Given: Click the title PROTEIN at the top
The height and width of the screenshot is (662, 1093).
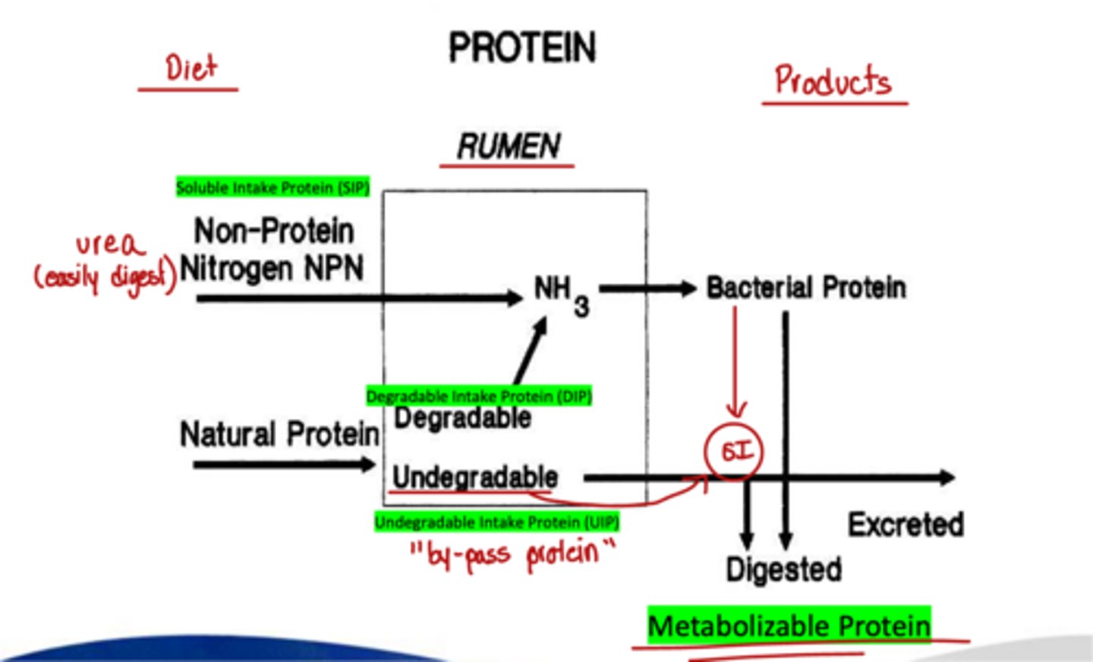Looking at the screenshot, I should (x=522, y=48).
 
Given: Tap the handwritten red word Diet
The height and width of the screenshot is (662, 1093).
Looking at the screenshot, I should (x=191, y=68).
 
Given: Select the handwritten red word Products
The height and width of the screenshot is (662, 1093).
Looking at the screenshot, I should (x=832, y=80).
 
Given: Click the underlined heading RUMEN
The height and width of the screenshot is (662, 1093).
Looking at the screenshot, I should (x=508, y=146).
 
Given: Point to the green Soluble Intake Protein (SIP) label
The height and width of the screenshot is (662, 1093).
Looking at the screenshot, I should (x=272, y=187).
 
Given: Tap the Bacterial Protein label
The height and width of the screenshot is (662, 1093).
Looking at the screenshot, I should (x=806, y=288).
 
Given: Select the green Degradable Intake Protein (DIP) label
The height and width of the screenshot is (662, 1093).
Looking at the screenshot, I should (x=478, y=396).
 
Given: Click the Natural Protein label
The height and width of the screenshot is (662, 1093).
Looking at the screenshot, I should (x=279, y=434).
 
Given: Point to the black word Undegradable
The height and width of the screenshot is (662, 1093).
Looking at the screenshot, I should (x=475, y=477).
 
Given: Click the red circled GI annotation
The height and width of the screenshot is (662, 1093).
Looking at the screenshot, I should (x=734, y=452).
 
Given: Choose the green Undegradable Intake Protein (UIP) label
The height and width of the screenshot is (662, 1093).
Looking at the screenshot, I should (x=496, y=522).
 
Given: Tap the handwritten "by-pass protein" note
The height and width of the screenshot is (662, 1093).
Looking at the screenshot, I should (x=513, y=553).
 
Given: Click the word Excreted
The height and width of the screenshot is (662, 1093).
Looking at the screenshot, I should (x=906, y=524).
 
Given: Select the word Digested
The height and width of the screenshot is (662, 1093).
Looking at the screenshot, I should (x=783, y=569).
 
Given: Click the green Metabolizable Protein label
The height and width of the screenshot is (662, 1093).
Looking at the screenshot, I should (x=789, y=626).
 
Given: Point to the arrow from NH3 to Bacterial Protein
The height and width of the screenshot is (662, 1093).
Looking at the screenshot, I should (x=647, y=288).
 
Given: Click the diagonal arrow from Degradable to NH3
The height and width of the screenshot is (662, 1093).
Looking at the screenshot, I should (x=531, y=351).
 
